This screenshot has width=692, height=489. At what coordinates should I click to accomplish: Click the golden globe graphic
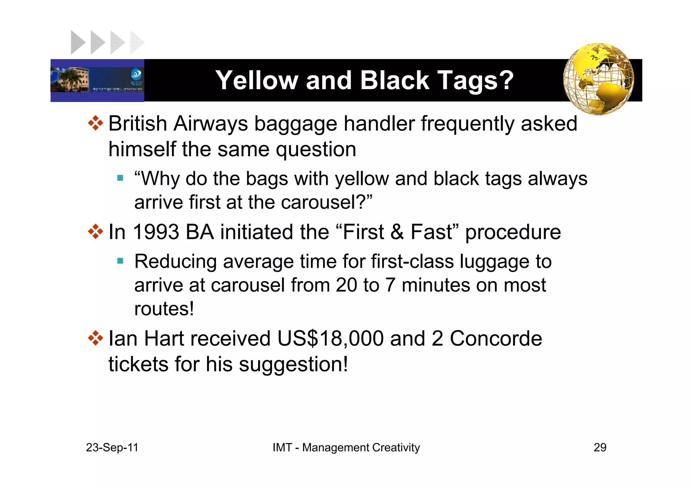(x=598, y=79)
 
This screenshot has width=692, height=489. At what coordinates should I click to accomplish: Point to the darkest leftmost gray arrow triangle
(x=77, y=43)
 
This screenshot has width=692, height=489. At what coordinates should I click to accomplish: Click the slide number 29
(x=600, y=447)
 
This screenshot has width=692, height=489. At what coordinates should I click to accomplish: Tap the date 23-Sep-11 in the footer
(x=112, y=447)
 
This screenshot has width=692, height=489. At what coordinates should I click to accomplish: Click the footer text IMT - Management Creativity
(x=346, y=447)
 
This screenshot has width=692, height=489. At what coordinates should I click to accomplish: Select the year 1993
(x=156, y=232)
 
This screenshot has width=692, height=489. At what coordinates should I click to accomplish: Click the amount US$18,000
(x=330, y=339)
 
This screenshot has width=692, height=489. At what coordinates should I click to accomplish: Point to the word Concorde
(x=496, y=339)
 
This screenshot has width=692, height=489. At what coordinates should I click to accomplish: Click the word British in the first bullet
(x=138, y=124)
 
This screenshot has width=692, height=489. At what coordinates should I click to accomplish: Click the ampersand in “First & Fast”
(x=397, y=232)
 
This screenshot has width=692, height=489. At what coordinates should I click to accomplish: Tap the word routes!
(x=164, y=309)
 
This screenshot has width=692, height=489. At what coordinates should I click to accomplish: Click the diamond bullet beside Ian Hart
(x=96, y=338)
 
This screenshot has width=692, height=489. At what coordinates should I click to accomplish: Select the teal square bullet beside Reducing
(x=120, y=261)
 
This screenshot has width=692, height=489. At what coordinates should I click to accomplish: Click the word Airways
(x=211, y=124)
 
